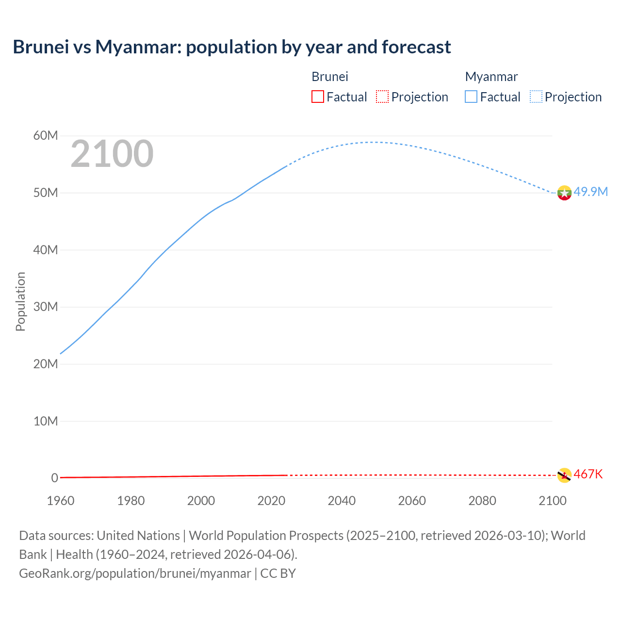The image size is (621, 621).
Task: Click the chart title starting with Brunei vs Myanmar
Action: (x=232, y=47)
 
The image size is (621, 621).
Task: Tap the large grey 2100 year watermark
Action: (x=112, y=154)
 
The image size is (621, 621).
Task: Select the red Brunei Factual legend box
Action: (x=317, y=97)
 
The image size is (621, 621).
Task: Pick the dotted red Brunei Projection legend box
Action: (x=382, y=97)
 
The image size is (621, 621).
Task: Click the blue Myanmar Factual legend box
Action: (x=471, y=97)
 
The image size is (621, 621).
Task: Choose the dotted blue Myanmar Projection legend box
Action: (x=536, y=97)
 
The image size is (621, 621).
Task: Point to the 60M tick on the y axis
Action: (x=46, y=136)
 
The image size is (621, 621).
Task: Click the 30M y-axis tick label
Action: (x=46, y=307)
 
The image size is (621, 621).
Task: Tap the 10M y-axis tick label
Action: (x=46, y=421)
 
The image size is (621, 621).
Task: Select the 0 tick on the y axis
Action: (x=54, y=478)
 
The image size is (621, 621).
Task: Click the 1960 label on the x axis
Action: (x=61, y=501)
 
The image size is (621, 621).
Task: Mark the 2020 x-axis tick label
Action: (x=271, y=501)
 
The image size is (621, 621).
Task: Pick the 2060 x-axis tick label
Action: (x=412, y=501)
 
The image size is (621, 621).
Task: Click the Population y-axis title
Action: (x=20, y=302)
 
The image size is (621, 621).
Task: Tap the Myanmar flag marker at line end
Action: (x=564, y=193)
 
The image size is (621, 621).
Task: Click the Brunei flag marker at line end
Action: (x=564, y=475)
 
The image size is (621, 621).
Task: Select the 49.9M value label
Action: (x=590, y=192)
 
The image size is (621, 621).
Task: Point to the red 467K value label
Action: (x=588, y=474)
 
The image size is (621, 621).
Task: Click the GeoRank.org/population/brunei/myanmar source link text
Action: (x=135, y=573)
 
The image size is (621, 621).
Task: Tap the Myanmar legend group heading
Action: (x=491, y=77)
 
